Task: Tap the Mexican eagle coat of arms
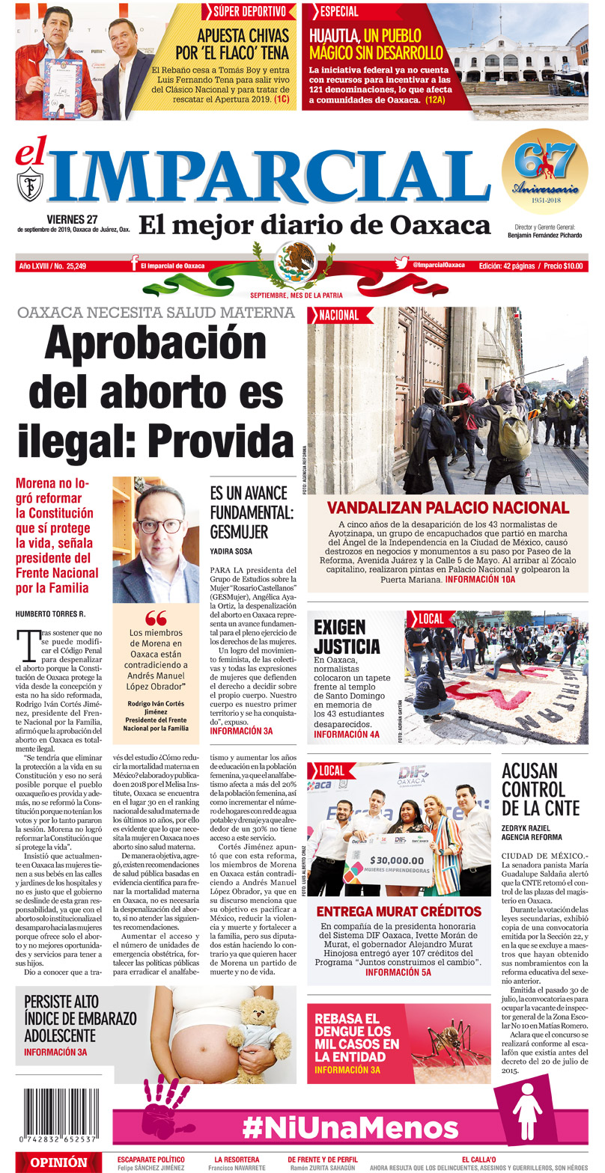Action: [x=296, y=259]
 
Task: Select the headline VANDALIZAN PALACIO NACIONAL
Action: [x=447, y=507]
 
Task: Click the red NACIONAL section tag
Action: [x=339, y=316]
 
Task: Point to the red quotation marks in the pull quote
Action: [x=156, y=617]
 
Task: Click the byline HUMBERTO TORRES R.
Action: [x=51, y=614]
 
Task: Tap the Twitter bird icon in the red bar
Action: [x=401, y=264]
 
